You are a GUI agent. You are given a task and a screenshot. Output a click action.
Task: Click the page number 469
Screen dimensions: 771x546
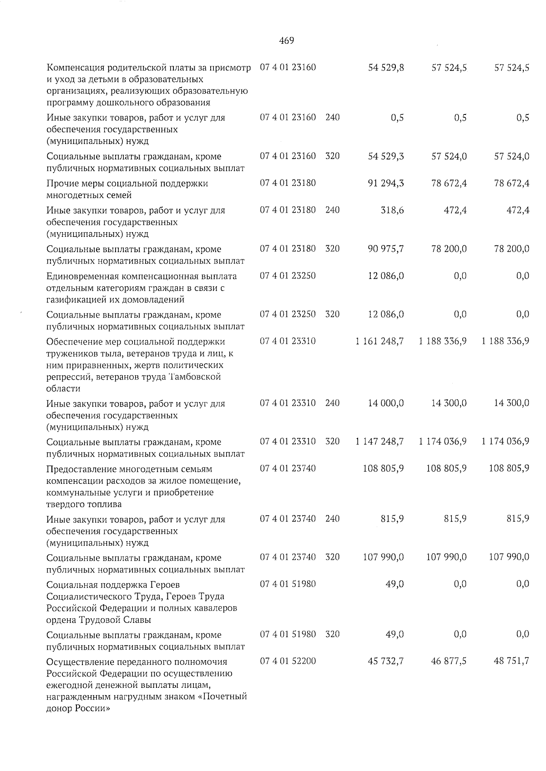[x=286, y=41]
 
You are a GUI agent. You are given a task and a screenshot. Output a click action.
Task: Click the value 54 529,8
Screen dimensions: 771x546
[x=386, y=68]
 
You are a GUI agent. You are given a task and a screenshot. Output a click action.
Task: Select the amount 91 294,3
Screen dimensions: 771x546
[x=386, y=183]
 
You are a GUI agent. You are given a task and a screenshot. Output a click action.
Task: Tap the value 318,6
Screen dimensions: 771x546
[x=392, y=210]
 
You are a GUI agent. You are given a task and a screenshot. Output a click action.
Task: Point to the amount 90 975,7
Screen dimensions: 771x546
[x=386, y=249]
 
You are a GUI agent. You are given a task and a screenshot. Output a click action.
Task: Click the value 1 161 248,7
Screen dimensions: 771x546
[x=379, y=341]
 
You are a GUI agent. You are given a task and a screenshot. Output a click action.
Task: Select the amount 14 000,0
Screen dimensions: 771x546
[x=386, y=403]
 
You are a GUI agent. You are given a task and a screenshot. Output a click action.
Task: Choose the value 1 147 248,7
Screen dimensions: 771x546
[x=379, y=442]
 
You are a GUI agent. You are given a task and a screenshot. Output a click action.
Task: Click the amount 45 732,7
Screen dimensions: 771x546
[x=386, y=661]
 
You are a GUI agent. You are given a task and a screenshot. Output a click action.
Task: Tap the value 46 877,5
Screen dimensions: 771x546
[x=449, y=661]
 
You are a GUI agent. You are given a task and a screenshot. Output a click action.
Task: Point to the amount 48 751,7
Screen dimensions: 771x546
[x=511, y=661]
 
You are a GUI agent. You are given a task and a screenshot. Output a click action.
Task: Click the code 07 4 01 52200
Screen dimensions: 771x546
[x=288, y=661]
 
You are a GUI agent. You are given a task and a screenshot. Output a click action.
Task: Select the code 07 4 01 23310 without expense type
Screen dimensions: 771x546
[x=288, y=341]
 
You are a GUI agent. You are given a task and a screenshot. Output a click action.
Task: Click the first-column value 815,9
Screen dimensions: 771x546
[x=392, y=519]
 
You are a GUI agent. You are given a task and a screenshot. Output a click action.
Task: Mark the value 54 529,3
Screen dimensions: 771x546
[x=386, y=156]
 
